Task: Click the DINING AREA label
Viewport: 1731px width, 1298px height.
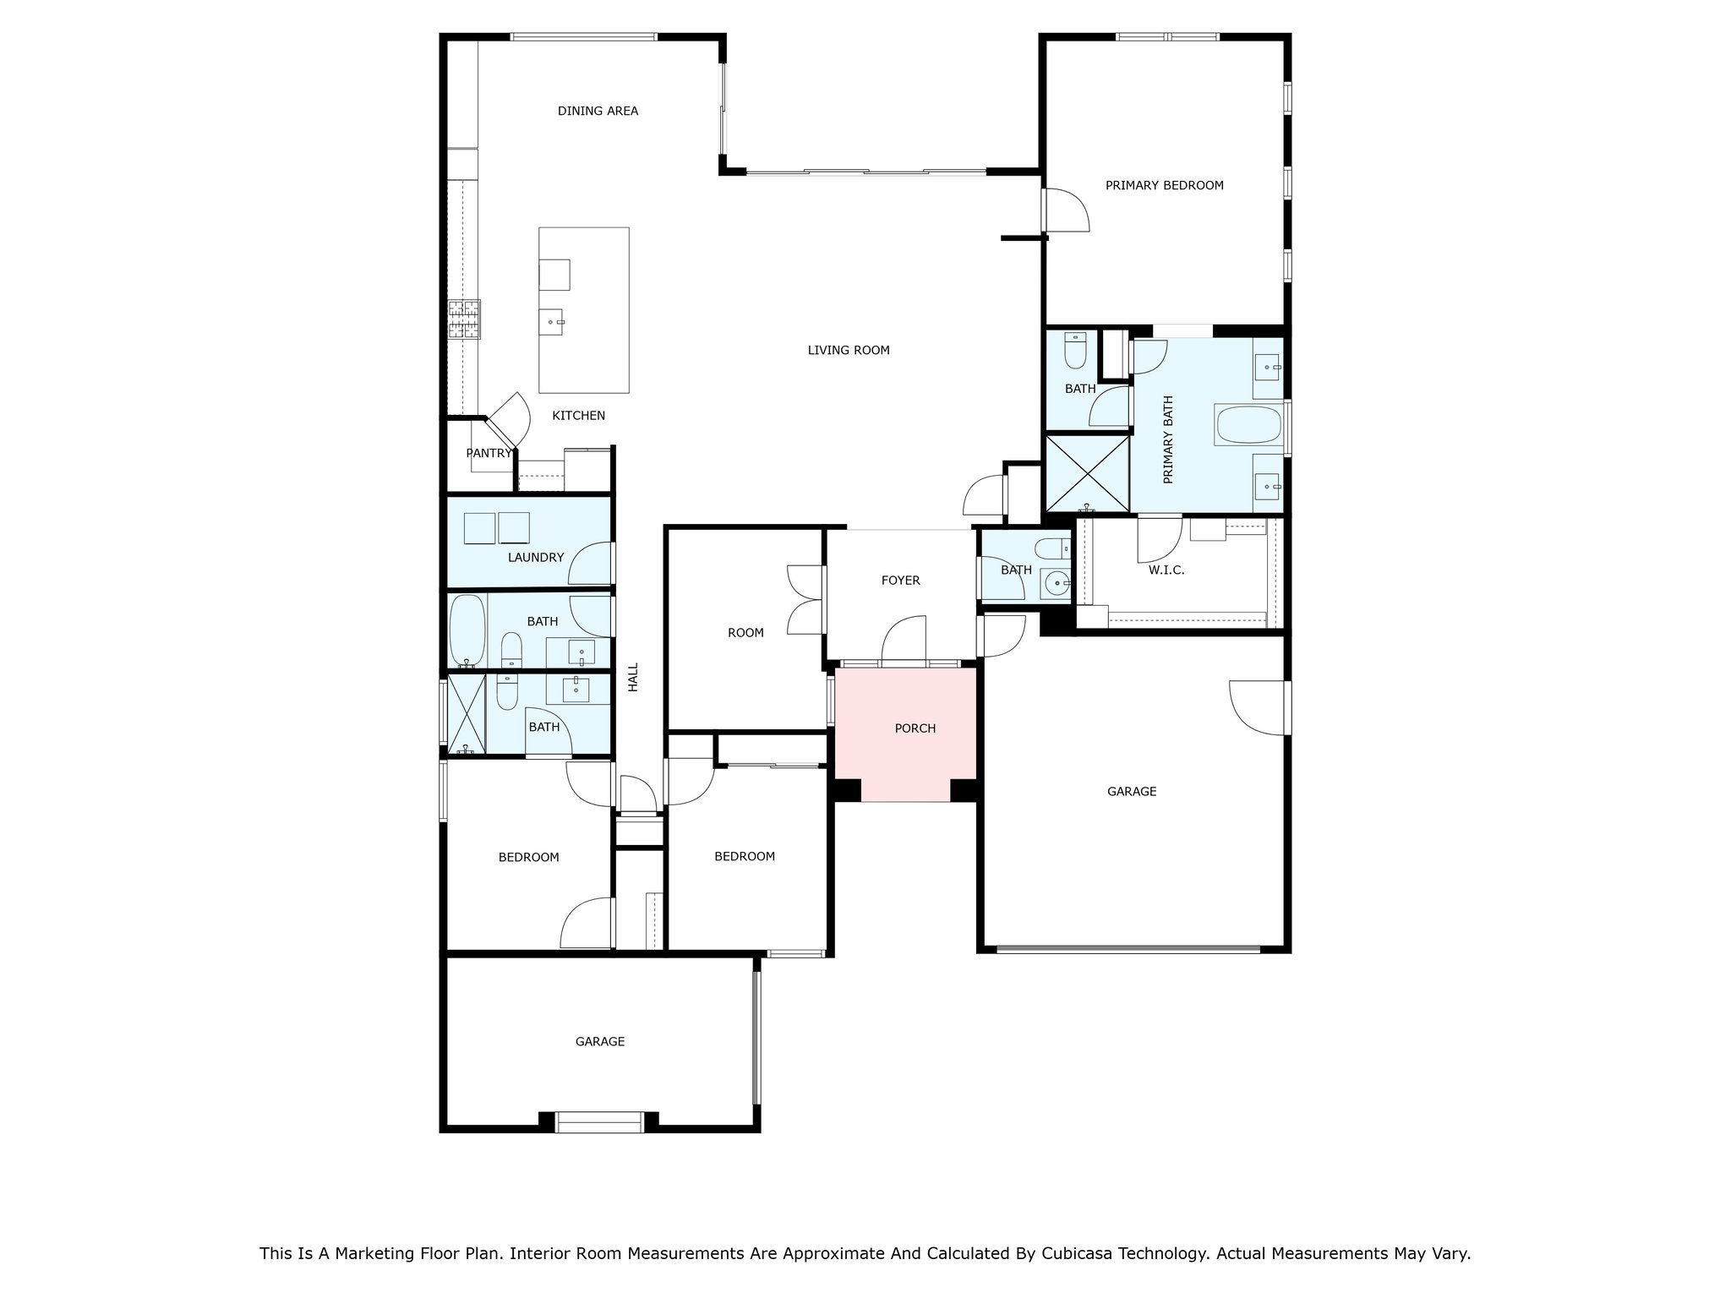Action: point(598,111)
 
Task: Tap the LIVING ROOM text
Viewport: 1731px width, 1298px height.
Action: point(849,350)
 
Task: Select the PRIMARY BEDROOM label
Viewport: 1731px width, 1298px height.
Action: point(1165,185)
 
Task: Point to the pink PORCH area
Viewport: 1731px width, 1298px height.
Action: point(906,734)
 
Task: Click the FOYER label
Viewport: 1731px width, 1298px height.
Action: point(900,581)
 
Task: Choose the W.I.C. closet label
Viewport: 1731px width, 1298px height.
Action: point(1166,570)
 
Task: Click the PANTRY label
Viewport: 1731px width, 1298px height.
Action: point(489,453)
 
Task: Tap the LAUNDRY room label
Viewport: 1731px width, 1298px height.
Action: point(536,558)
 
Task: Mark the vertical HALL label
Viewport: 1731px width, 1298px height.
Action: point(633,677)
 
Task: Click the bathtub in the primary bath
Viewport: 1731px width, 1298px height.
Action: point(1248,425)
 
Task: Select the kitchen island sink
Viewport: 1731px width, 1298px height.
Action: point(554,322)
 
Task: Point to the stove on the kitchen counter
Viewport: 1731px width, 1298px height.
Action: point(464,319)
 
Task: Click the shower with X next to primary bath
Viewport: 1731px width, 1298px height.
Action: point(1088,473)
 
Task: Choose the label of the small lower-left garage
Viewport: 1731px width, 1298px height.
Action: point(600,1042)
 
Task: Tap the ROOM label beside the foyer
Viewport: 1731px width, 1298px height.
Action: point(745,633)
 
